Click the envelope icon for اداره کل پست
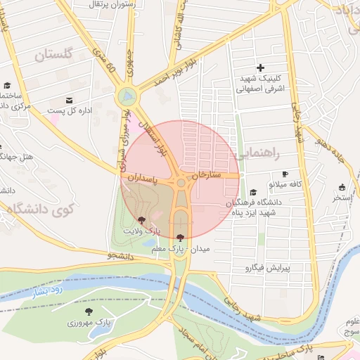pos(69,100)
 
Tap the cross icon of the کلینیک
pos(261,68)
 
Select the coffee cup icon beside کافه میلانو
pos(285,174)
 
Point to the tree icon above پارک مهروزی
pos(88,311)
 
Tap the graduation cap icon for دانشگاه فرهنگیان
pos(253,191)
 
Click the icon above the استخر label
pos(342,187)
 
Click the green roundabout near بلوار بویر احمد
pos(127,95)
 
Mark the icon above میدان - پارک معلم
pos(181,237)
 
